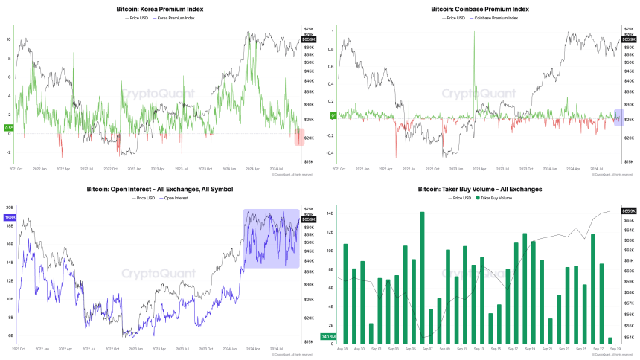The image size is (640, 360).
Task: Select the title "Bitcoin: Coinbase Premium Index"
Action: [x=480, y=9]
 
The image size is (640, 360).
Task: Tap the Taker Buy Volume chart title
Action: [x=480, y=189]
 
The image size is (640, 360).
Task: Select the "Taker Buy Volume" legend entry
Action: [x=495, y=197]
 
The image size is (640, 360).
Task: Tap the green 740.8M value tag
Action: [x=329, y=338]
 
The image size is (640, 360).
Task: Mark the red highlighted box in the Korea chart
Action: [x=300, y=137]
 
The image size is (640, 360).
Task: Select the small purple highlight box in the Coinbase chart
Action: [x=618, y=117]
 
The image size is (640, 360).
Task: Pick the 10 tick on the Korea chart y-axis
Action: [x=9, y=39]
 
